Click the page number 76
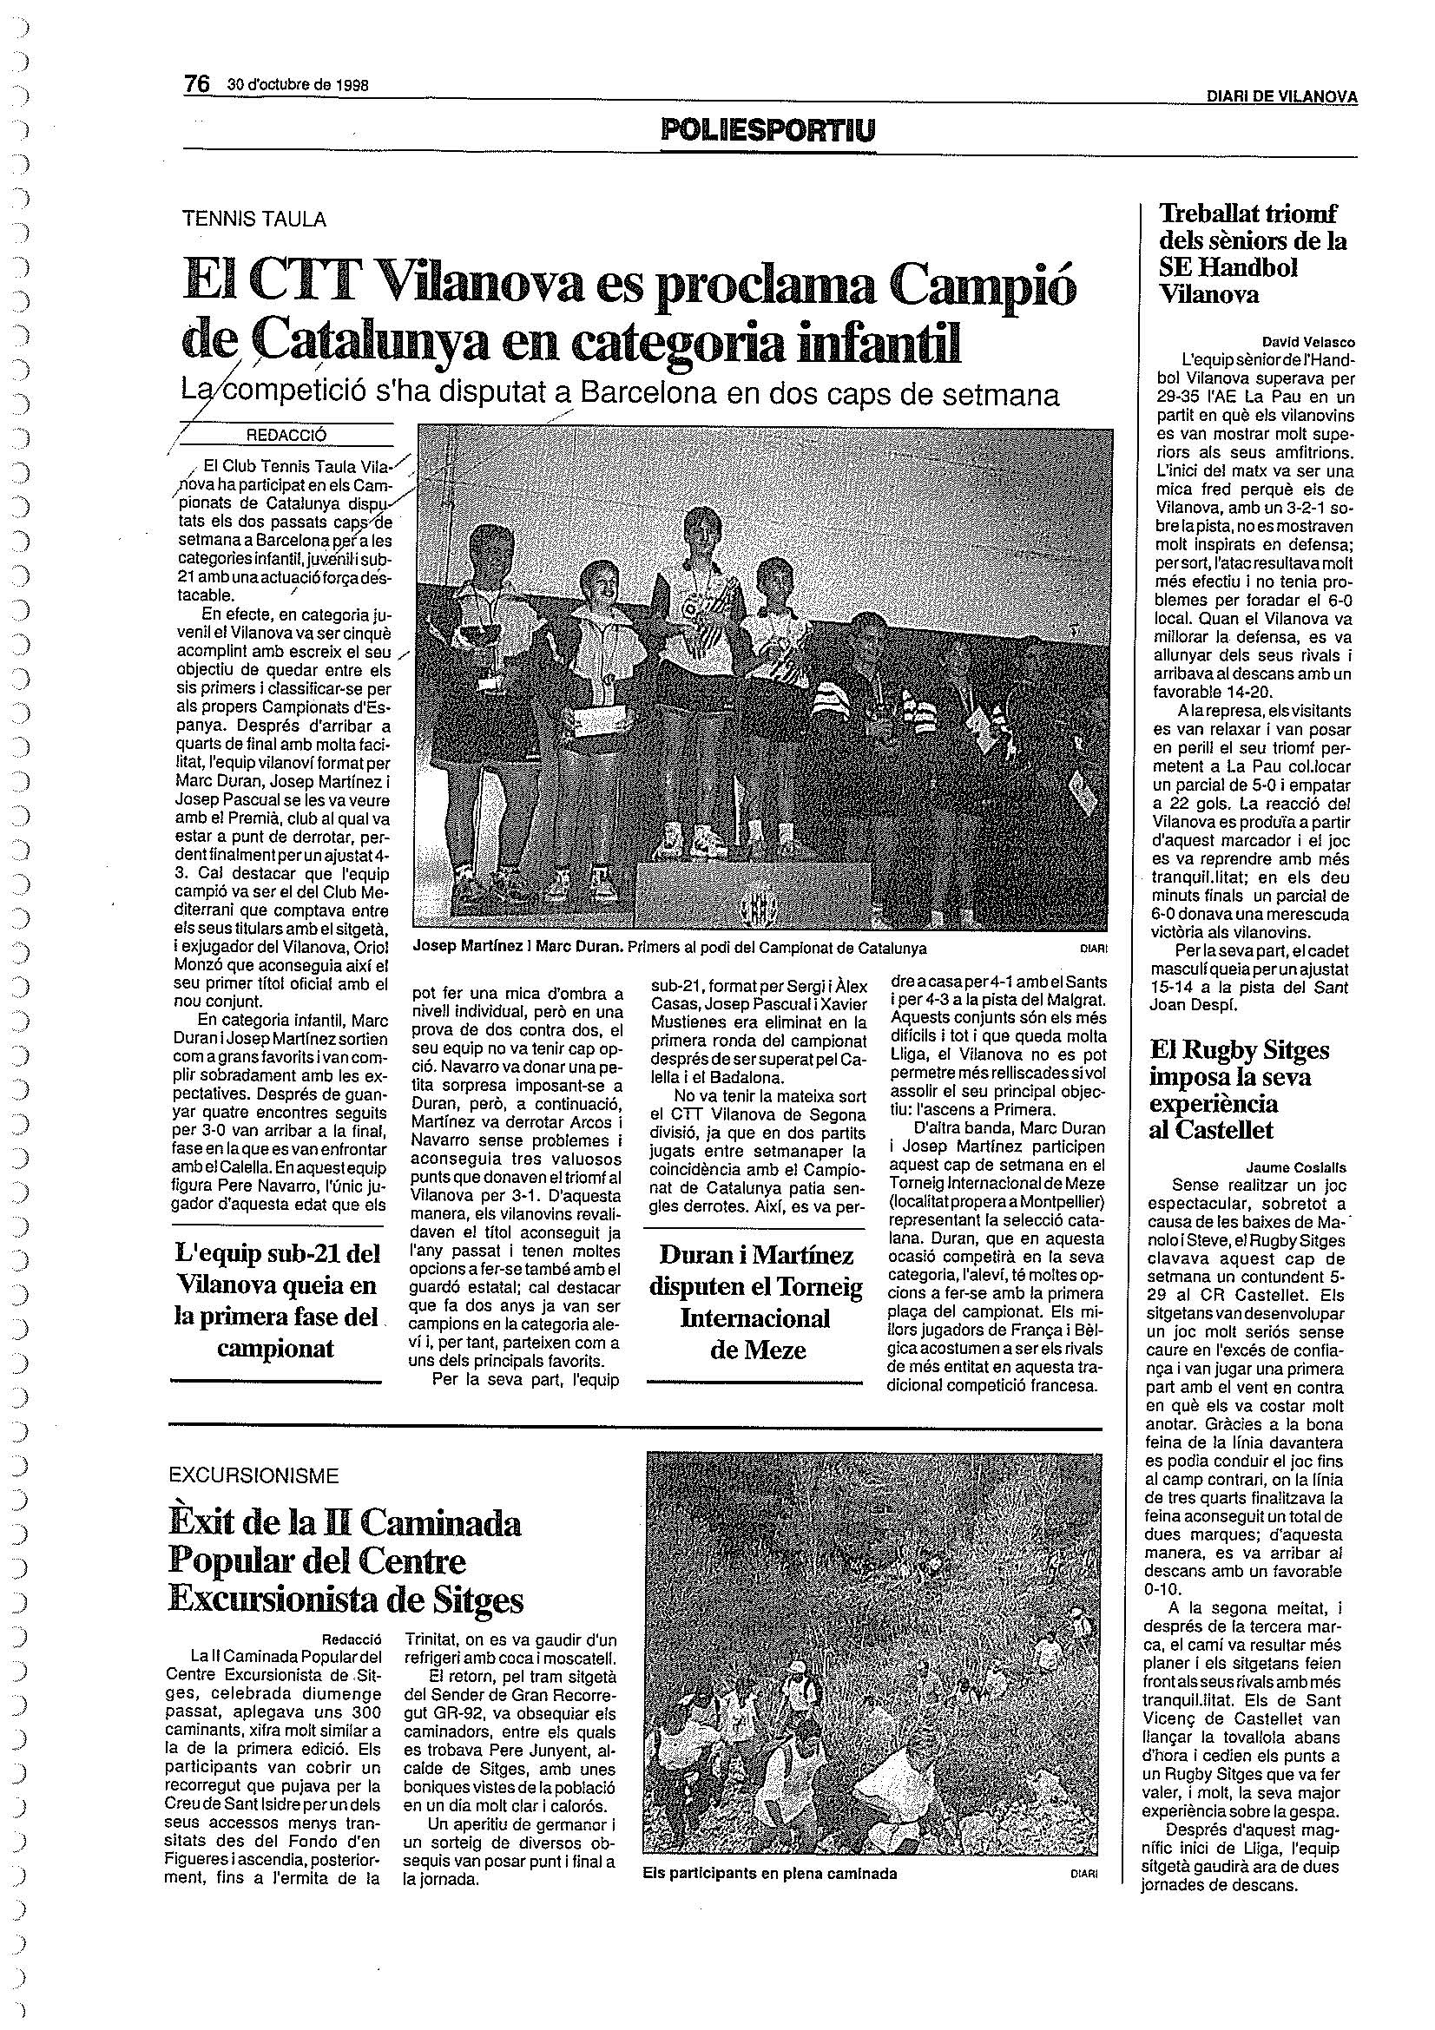tap(195, 83)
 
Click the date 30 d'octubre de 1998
tap(298, 85)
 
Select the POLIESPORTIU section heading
tap(767, 132)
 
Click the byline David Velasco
tap(1308, 342)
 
